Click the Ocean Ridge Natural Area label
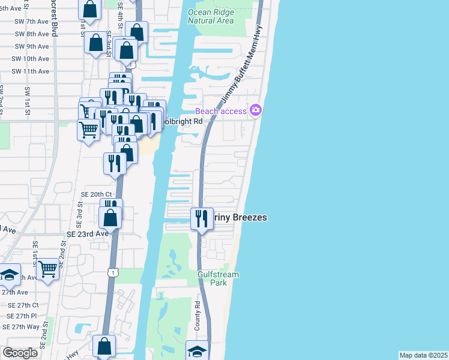click(210, 16)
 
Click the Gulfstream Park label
click(218, 278)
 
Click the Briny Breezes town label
click(240, 218)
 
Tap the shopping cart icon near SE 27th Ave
click(47, 271)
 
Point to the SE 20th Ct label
click(96, 194)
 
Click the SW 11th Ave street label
click(31, 71)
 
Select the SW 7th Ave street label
click(31, 22)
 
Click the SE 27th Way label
click(21, 327)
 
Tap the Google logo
click(20, 353)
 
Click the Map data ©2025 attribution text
click(423, 355)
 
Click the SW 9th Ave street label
click(31, 46)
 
